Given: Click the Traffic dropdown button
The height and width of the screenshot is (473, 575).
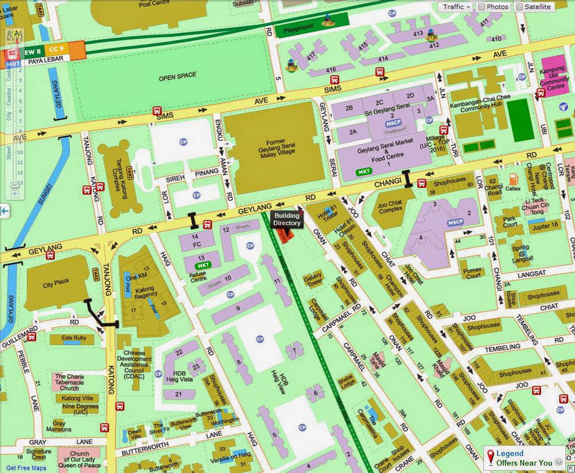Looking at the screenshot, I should (x=456, y=7).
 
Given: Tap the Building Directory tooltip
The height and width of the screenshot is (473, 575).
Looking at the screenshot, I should (x=287, y=220).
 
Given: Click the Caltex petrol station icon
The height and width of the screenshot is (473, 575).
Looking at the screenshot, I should (x=513, y=182).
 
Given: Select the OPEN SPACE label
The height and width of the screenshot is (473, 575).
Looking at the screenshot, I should (x=178, y=76).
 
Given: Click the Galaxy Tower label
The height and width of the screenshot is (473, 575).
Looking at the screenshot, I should (x=313, y=281).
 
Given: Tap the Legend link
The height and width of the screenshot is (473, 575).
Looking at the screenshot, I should (x=509, y=453).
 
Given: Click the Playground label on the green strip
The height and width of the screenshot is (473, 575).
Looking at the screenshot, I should (x=299, y=28).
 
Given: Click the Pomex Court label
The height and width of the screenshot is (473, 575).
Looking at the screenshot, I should (x=473, y=273).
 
